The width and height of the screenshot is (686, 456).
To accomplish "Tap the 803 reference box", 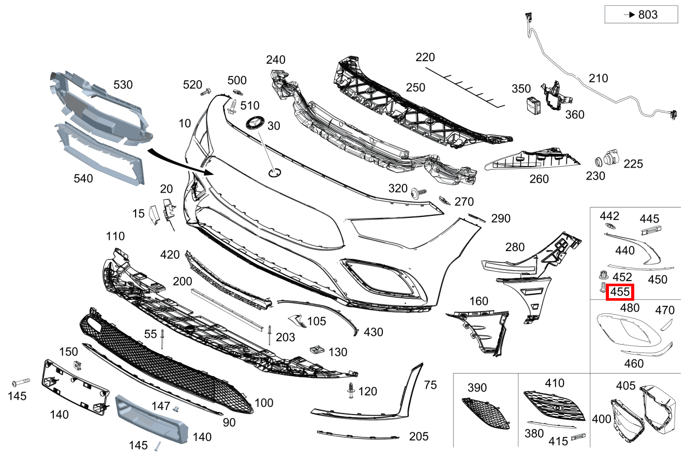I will point(641,14).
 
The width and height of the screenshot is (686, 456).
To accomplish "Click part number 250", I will point(415,87).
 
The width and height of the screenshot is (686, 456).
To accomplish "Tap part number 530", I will point(123,84).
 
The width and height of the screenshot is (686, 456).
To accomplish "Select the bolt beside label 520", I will point(206,93).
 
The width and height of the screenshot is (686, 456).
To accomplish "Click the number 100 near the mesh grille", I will point(264,402).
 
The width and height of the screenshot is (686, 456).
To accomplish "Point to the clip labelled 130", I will point(316,349).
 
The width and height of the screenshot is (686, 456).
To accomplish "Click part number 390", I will point(477,388).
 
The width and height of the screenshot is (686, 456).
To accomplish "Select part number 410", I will point(555,383).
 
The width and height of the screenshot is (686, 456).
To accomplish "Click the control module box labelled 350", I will point(533,105).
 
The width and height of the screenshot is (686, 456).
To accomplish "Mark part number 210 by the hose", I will point(598,78).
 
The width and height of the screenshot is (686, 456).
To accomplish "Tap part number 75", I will point(430,385).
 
